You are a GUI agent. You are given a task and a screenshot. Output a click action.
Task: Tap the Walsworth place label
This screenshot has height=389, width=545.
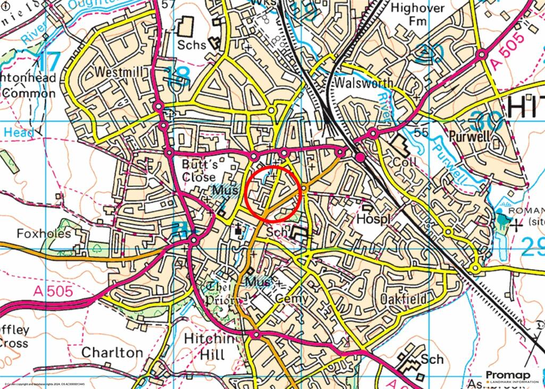[x=364, y=83]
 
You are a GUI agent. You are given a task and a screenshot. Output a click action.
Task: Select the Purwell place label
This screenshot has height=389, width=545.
[x=470, y=136]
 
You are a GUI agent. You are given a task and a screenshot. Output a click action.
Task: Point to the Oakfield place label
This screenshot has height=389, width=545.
[x=404, y=299]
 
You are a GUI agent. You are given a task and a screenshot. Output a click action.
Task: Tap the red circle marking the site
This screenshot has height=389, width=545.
[x=274, y=194]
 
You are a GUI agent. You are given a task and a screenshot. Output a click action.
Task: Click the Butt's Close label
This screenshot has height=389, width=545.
[x=199, y=170]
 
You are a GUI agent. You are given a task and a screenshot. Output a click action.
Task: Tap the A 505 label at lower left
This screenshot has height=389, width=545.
[x=52, y=291]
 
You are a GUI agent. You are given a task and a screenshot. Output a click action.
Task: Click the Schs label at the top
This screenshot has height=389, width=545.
[x=192, y=45]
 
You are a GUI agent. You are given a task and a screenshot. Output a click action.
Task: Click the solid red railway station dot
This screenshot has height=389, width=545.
[x=360, y=157]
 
